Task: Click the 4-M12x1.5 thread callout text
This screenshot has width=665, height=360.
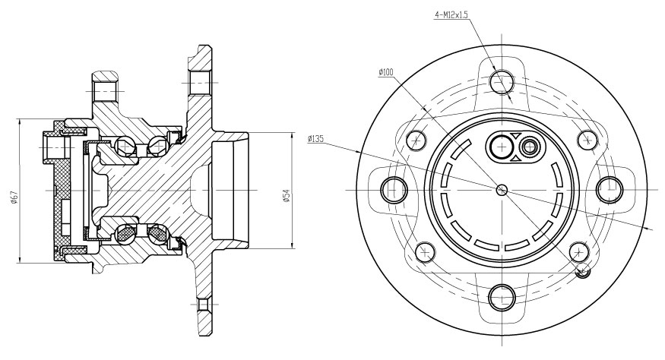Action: coord(451,15)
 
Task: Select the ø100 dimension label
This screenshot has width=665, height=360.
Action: coord(386,72)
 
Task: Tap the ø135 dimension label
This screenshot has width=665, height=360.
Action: coord(316,138)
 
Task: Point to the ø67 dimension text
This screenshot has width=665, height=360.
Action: coord(14,197)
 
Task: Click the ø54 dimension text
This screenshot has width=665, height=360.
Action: coord(287,195)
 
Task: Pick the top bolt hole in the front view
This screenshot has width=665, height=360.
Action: coord(502,81)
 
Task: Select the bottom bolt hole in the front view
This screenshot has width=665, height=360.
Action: coord(502,298)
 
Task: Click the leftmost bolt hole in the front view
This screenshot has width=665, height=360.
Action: coord(394,190)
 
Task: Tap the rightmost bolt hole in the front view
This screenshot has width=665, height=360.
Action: coord(610,190)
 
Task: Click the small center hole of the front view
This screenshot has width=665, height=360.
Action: coord(502,190)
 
